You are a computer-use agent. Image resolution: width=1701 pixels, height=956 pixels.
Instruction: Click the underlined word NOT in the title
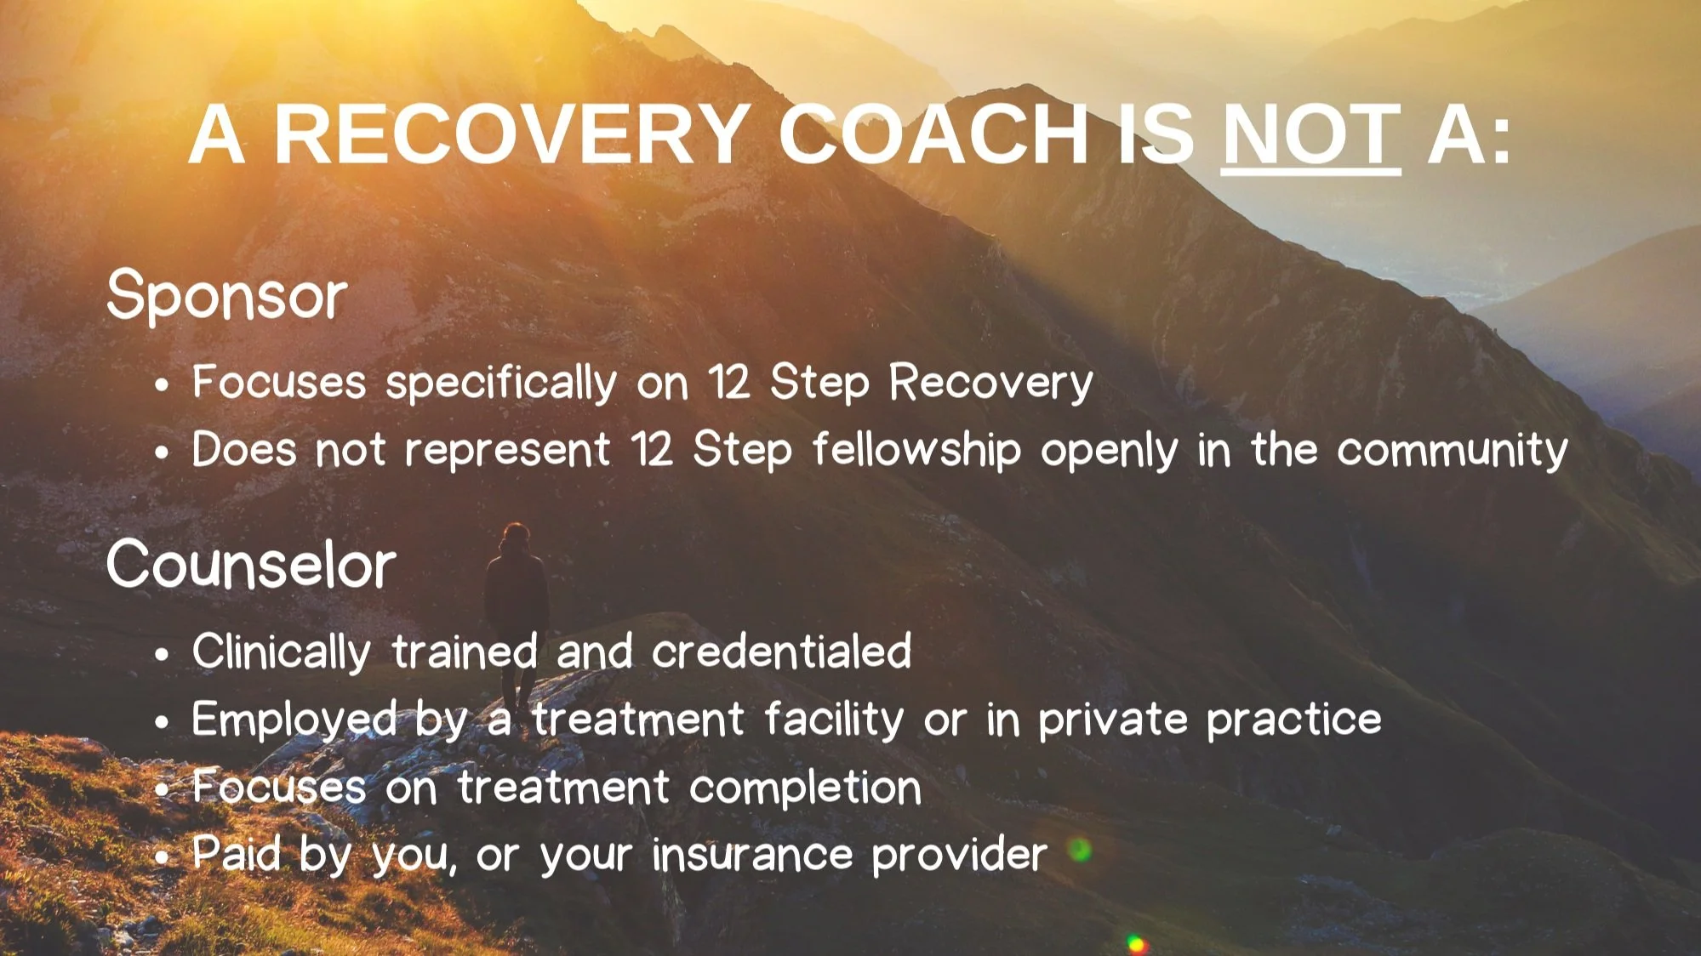pos(1310,135)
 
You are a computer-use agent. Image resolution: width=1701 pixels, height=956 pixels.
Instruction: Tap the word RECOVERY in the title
pos(511,135)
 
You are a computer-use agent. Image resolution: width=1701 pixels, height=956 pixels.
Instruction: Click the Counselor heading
pos(251,566)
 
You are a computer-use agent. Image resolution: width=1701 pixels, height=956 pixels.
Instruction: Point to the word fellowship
pos(916,449)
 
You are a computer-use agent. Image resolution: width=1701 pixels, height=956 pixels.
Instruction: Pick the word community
pos(1452,450)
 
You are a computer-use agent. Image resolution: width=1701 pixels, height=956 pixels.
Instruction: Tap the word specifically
pos(501,383)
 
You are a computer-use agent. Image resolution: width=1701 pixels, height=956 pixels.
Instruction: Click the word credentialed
pos(781,652)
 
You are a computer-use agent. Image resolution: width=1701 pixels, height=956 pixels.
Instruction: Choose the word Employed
pos(294,720)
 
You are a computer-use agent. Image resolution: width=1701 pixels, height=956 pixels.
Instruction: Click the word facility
pos(833,720)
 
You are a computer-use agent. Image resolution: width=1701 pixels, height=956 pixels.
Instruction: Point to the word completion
pos(805,788)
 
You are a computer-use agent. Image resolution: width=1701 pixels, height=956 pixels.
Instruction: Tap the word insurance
pos(752,854)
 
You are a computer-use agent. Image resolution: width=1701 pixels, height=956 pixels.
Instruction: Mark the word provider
pos(959,855)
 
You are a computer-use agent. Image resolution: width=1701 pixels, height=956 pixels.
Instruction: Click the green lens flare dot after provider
pos(1080,849)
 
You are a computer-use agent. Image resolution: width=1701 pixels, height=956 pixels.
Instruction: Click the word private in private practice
pos(1112,720)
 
